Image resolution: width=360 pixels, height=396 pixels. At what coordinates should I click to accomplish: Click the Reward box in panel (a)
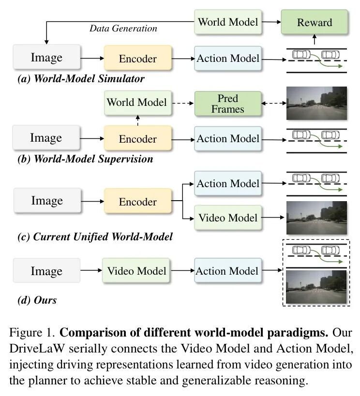click(314, 22)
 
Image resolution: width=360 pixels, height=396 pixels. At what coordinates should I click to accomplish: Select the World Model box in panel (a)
click(227, 22)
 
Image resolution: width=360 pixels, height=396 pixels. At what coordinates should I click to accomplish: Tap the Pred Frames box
click(227, 103)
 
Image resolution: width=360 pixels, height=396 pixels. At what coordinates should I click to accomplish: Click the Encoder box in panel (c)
click(138, 201)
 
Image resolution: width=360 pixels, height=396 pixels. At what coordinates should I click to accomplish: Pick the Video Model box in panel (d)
click(136, 271)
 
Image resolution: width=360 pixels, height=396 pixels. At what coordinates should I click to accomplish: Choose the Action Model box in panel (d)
click(227, 271)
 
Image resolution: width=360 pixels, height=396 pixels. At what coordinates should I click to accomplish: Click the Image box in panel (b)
click(46, 138)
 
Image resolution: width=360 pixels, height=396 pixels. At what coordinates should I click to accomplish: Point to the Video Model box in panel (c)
click(227, 217)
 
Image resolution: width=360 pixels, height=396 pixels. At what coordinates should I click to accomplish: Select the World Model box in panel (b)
click(136, 102)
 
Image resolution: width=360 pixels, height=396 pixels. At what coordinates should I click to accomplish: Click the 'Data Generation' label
click(123, 29)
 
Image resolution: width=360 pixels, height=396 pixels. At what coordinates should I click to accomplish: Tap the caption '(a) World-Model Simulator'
click(81, 78)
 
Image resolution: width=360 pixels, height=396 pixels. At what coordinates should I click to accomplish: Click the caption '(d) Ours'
click(37, 300)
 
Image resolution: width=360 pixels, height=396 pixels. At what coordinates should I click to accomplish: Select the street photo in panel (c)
click(316, 218)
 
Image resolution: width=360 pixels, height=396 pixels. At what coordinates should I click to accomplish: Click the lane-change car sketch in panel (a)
click(316, 59)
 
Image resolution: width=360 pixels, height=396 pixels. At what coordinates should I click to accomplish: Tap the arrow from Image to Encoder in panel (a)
click(92, 59)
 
